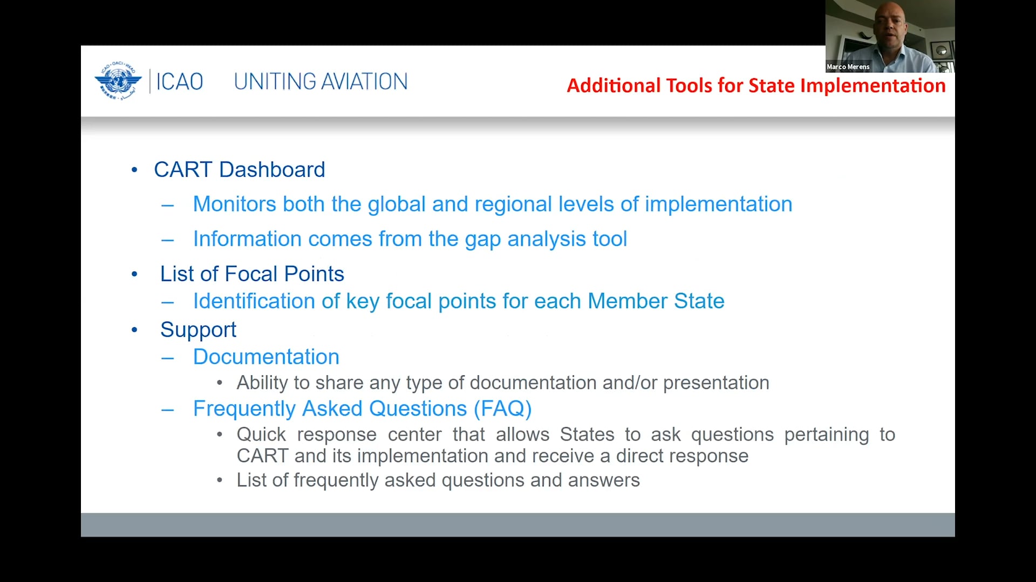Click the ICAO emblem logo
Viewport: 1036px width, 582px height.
[118, 81]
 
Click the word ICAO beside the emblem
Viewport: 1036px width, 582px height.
[180, 82]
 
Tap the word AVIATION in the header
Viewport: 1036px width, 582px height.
[364, 81]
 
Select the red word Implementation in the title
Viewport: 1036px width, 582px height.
[873, 86]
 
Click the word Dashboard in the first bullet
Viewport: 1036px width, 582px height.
[272, 170]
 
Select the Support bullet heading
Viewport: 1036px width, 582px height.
[198, 330]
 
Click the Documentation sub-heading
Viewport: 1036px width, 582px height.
[266, 357]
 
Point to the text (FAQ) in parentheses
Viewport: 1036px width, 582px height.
[502, 409]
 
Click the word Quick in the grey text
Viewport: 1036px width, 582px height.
[261, 434]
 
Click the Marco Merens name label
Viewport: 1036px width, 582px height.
[848, 67]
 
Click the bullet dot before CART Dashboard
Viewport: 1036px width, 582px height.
[134, 170]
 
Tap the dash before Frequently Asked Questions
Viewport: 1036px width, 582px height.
[167, 410]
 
